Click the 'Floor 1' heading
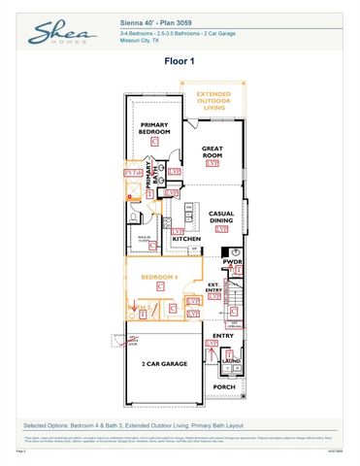coord(179,60)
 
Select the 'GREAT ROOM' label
coord(213,152)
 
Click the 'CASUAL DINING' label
coord(221,217)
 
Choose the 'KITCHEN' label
coord(186,238)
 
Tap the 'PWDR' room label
coord(231,262)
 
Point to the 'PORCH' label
coord(224,386)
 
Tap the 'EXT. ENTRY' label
coord(214,288)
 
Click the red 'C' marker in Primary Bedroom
coord(155,142)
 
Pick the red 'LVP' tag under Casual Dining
coord(221,231)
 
